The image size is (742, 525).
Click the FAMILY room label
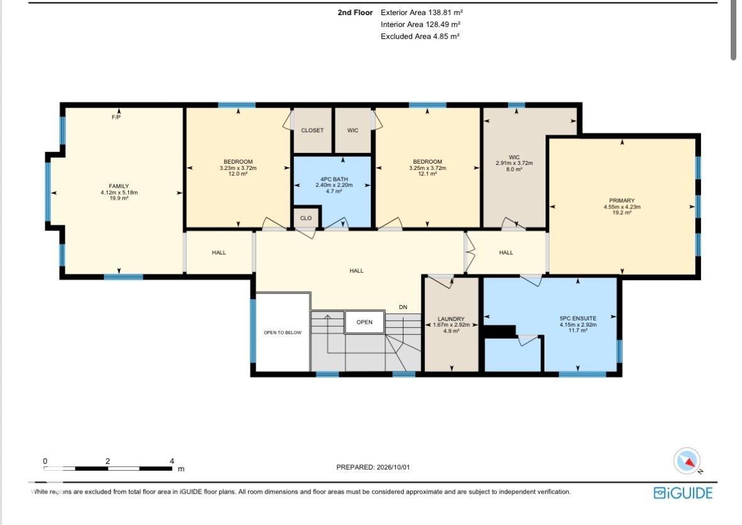(119, 186)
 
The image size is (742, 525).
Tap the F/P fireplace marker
(116, 117)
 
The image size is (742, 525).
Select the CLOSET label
(312, 130)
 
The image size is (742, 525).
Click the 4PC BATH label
(334, 179)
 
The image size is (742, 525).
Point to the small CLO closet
(306, 218)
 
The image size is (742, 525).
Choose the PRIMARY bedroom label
(622, 201)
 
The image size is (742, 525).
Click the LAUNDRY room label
(451, 319)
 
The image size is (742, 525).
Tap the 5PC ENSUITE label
(578, 319)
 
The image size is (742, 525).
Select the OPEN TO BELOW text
(283, 332)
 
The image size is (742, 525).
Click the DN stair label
(403, 307)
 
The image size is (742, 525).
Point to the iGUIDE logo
(683, 493)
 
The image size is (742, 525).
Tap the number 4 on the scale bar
(172, 461)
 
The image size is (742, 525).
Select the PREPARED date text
(373, 467)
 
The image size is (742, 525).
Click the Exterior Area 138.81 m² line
(422, 13)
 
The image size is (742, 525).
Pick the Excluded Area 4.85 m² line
(420, 37)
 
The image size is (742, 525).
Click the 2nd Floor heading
(355, 13)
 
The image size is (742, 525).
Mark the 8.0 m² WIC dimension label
(514, 169)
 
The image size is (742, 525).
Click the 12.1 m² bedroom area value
(427, 174)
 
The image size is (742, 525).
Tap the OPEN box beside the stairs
(364, 322)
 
